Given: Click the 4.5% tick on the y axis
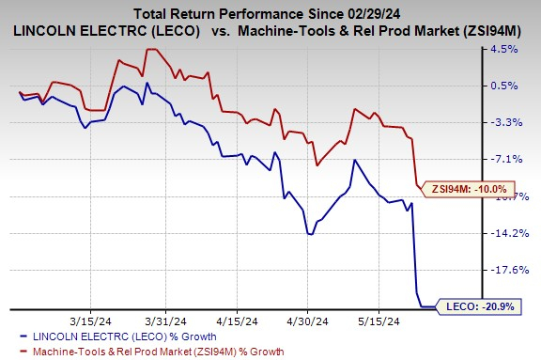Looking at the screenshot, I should [517, 50].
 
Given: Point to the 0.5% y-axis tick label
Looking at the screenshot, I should [517, 86].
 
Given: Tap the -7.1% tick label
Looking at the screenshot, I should [517, 160].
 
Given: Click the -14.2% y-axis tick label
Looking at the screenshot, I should [515, 234].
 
